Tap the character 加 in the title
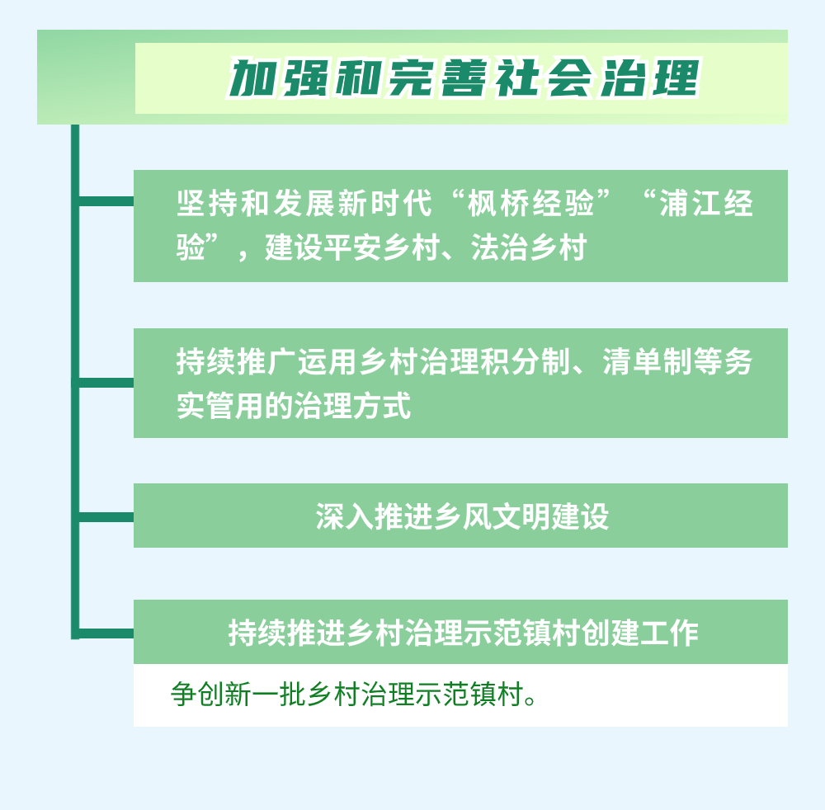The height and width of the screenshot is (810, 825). pyautogui.click(x=252, y=79)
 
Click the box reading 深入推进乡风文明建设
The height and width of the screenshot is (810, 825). pyautogui.click(x=460, y=516)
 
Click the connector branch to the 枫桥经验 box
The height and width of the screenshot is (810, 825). pyautogui.click(x=106, y=201)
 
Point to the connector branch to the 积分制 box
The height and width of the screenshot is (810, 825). pyautogui.click(x=106, y=383)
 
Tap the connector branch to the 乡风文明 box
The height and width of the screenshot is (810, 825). pyautogui.click(x=106, y=517)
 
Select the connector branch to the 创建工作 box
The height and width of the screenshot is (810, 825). pyautogui.click(x=106, y=633)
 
